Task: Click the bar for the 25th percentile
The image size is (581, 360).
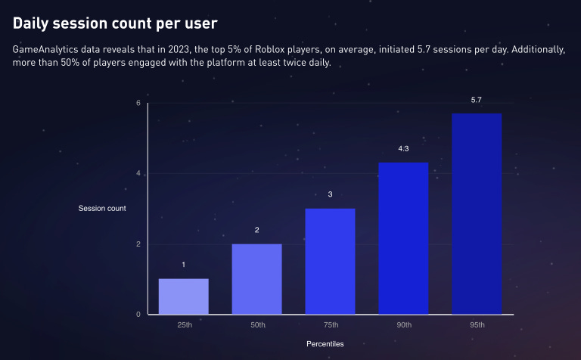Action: click(x=183, y=296)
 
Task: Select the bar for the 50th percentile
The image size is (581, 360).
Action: click(x=256, y=279)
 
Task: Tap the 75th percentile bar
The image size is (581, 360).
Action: click(x=330, y=261)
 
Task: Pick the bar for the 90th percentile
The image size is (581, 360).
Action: click(x=403, y=238)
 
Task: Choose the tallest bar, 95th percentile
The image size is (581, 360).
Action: click(x=477, y=214)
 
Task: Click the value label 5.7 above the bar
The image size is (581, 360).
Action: click(x=477, y=100)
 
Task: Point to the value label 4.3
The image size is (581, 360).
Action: click(x=403, y=149)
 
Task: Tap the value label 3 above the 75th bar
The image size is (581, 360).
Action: click(x=330, y=194)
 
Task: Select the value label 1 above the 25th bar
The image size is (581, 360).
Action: click(x=183, y=265)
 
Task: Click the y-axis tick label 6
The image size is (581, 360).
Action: click(x=138, y=103)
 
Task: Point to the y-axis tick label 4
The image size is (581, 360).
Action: click(x=138, y=174)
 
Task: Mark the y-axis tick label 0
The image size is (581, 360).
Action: click(x=138, y=315)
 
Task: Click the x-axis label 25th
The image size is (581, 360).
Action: click(x=183, y=325)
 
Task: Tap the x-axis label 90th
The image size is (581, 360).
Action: click(x=403, y=325)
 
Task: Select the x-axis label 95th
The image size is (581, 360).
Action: click(x=477, y=325)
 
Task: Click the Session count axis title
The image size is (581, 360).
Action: click(x=102, y=208)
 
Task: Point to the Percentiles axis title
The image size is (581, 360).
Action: click(x=325, y=344)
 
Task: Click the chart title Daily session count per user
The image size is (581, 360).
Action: click(x=115, y=23)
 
